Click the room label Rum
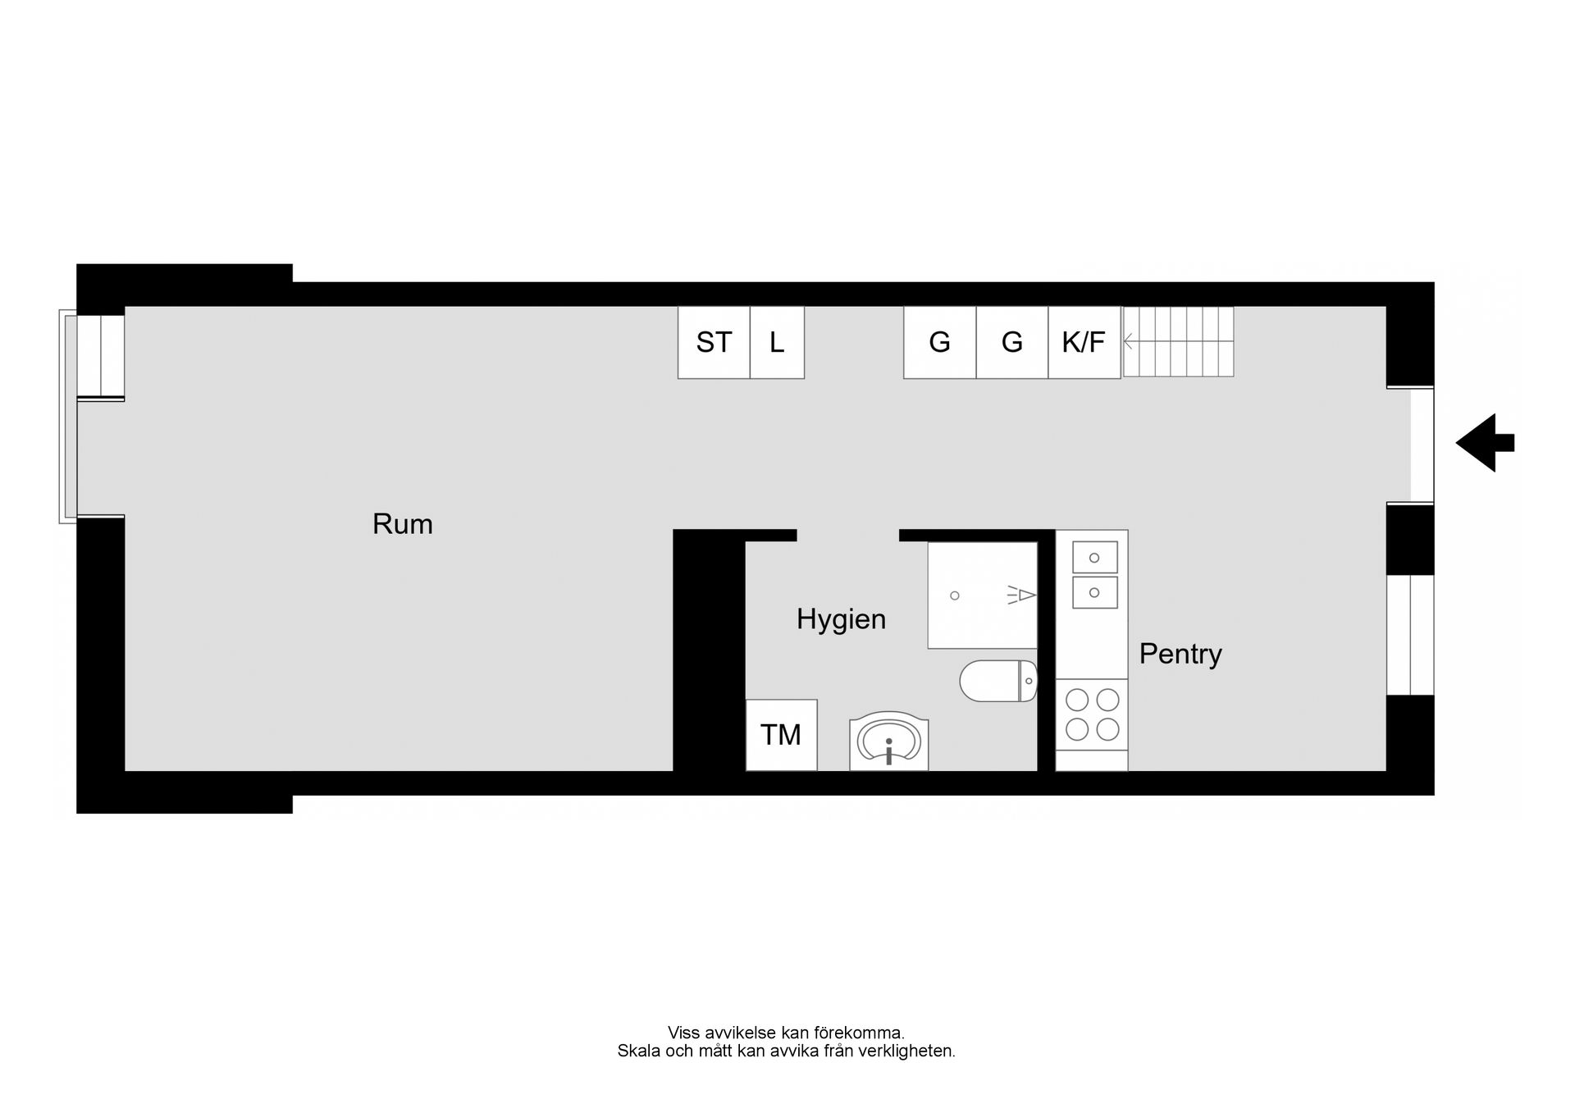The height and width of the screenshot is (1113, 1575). [x=402, y=524]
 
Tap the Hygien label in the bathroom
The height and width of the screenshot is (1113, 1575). [x=841, y=620]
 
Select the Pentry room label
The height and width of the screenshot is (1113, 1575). [x=1180, y=654]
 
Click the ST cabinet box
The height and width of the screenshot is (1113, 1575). [x=714, y=342]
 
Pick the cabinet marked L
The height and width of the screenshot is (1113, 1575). [x=777, y=342]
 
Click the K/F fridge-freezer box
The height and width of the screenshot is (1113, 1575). [x=1084, y=342]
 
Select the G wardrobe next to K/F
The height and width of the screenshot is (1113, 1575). [x=1012, y=342]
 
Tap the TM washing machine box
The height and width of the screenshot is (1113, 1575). [x=781, y=735]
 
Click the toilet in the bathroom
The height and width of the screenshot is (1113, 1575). [x=998, y=681]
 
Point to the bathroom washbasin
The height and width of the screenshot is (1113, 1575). [x=889, y=742]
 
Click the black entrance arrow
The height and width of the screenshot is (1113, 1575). [x=1485, y=443]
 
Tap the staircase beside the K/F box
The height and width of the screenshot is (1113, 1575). [x=1178, y=342]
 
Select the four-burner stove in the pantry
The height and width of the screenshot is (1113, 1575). [x=1092, y=714]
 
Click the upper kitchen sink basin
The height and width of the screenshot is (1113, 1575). [x=1095, y=558]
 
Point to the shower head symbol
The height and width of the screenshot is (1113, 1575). [x=1022, y=595]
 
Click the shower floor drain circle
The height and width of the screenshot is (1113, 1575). [x=955, y=595]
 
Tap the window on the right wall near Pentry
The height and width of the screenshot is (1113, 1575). [x=1410, y=635]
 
